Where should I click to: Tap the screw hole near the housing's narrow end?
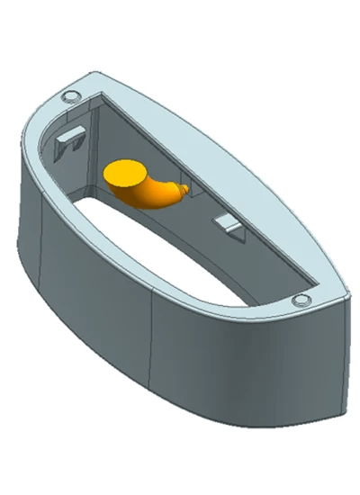point(300,300)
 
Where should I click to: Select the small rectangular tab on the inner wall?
point(228,222)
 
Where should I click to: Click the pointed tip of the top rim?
point(346,292)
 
